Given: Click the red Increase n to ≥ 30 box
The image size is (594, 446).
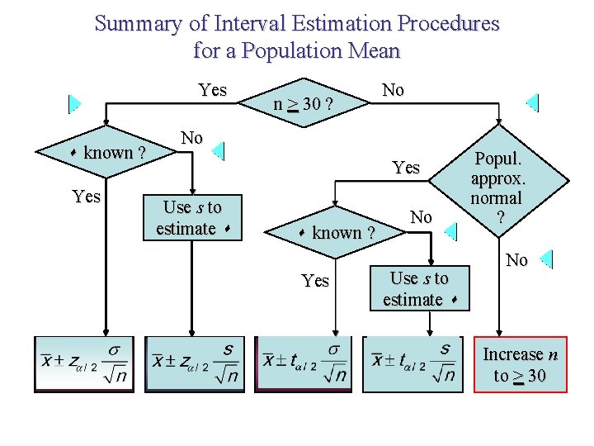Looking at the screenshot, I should [x=520, y=365].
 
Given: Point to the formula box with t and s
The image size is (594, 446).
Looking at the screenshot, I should [x=412, y=363].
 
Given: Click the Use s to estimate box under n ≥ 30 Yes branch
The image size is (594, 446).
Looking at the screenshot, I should [x=192, y=217].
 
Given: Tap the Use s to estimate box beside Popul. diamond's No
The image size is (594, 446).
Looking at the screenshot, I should [x=419, y=288].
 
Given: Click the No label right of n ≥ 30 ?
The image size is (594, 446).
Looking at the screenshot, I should [x=393, y=90].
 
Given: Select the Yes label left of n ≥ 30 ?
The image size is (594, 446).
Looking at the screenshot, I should [x=212, y=90].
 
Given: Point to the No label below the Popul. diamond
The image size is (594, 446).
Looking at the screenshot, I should [x=516, y=261].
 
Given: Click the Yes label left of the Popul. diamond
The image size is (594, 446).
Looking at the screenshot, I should [x=406, y=168].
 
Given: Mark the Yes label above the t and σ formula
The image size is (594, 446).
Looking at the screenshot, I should [x=315, y=281].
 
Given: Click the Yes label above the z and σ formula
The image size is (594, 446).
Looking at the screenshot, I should [x=86, y=197].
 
